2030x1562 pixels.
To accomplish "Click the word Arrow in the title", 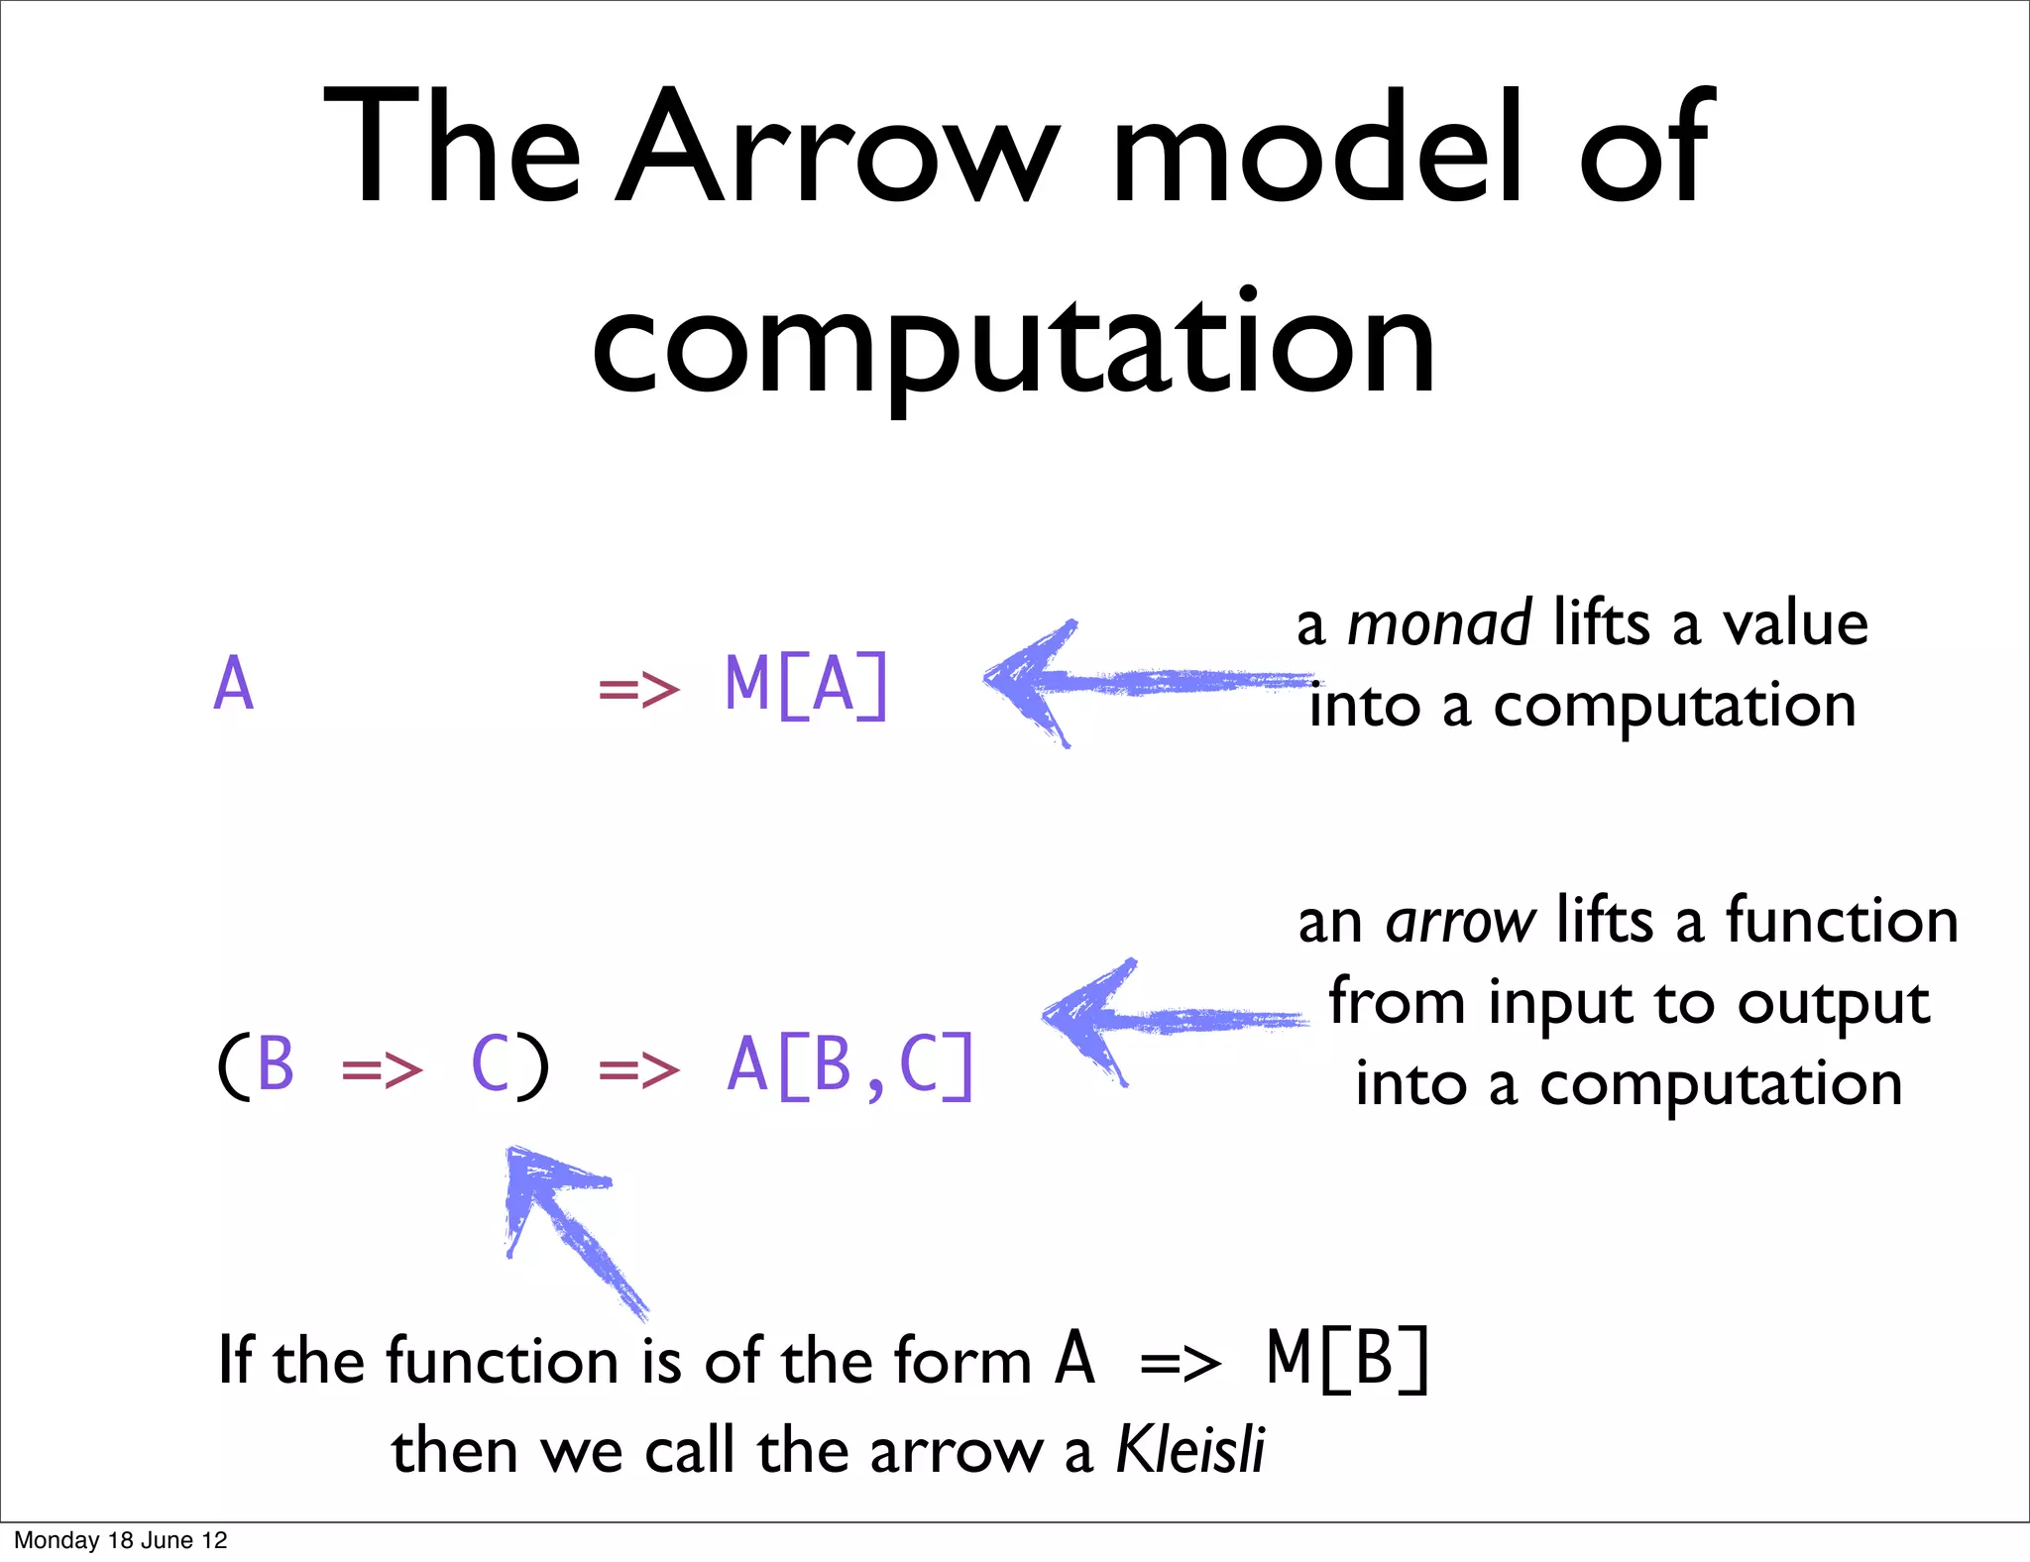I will point(838,149).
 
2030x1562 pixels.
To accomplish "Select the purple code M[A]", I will point(807,686).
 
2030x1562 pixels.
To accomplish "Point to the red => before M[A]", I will point(639,689).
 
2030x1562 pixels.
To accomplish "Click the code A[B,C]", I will point(850,1066).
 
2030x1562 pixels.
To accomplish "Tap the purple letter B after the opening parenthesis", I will point(276,1066).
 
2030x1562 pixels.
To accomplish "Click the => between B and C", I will point(382,1070).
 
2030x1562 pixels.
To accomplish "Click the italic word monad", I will point(1439,624).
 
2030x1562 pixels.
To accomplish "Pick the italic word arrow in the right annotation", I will point(1461,922).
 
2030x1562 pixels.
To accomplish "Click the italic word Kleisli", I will point(1190,1450).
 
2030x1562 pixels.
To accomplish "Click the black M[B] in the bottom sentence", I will point(1348,1360).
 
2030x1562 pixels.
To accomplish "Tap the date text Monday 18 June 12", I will point(121,1540).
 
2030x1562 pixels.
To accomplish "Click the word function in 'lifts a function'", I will point(1842,922).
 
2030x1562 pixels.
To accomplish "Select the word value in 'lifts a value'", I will point(1795,624).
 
